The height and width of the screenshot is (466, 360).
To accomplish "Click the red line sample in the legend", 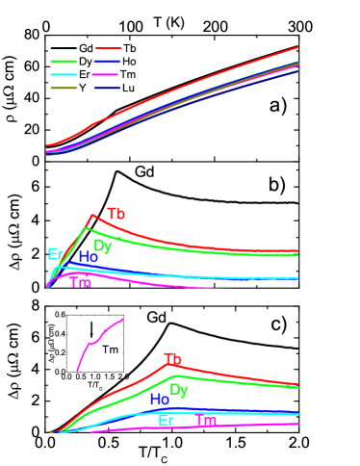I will click(109, 48).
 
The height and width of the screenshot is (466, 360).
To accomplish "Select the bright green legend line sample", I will click(64, 62).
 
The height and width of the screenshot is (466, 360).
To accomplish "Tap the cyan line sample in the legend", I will click(64, 74).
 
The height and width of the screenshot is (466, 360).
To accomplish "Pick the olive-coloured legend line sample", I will click(64, 88).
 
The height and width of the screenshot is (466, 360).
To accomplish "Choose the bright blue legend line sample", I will click(107, 62).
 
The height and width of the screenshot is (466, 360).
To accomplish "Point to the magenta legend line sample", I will click(107, 74).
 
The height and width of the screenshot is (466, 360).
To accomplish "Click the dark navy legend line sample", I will click(107, 88).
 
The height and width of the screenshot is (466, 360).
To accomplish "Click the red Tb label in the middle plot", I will click(116, 214).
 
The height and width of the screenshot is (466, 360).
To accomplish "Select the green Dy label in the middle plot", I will click(103, 246).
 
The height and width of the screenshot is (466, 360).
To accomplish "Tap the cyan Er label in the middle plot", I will click(55, 254).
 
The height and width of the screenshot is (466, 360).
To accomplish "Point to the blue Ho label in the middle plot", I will click(88, 257).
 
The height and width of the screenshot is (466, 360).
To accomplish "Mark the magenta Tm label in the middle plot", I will click(81, 283).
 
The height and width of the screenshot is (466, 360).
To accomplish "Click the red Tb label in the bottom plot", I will click(173, 359).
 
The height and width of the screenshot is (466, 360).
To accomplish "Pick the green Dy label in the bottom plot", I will click(179, 390).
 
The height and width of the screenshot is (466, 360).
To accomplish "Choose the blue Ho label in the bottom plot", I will click(160, 399).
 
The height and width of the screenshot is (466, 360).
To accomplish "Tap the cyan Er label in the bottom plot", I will click(167, 420).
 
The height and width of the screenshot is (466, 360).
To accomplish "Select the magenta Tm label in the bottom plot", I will click(207, 421).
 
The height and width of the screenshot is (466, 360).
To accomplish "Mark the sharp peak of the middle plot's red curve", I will click(91, 215).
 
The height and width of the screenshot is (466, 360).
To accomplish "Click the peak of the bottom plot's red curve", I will click(171, 365).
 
